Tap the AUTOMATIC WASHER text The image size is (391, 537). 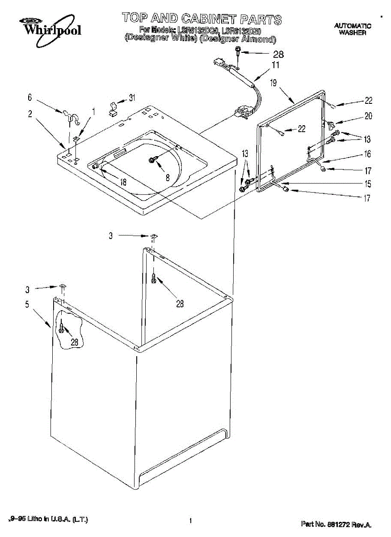click(353, 29)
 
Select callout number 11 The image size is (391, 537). click(276, 65)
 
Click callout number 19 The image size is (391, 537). click(273, 82)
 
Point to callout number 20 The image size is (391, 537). click(368, 116)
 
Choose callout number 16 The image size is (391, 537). click(367, 154)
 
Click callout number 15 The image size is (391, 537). click(367, 183)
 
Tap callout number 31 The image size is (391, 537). click(132, 98)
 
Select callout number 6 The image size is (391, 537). click(30, 97)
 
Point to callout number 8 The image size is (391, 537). click(168, 177)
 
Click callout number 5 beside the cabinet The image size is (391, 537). click(27, 305)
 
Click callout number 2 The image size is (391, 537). click(30, 114)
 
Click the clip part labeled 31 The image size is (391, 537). click(113, 108)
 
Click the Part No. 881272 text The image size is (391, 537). click(336, 524)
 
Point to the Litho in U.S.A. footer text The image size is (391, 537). click(48, 519)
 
